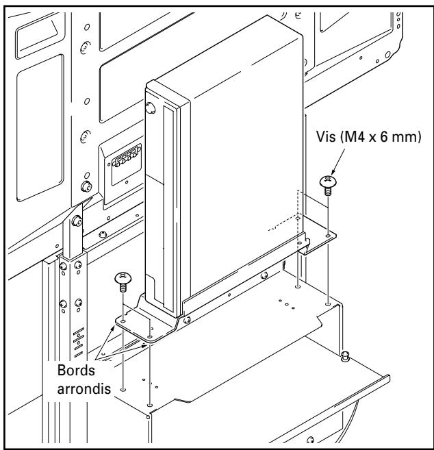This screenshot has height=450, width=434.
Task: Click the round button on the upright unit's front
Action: (150, 108)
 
